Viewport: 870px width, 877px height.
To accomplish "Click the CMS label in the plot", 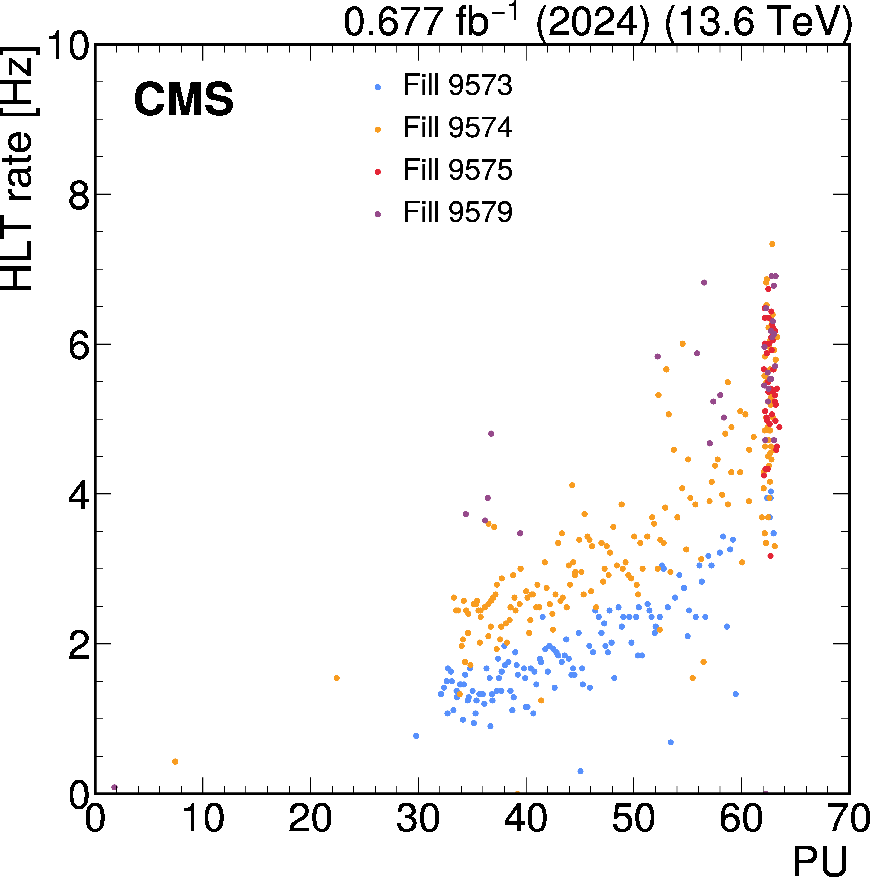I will pyautogui.click(x=183, y=100).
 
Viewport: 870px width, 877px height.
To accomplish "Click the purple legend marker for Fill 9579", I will pyautogui.click(x=377, y=214).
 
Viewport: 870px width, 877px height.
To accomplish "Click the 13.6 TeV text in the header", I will pyautogui.click(x=758, y=22).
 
